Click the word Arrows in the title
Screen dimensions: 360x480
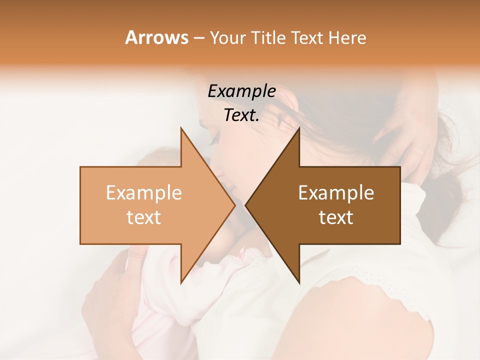click(156, 37)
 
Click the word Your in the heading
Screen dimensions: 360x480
click(227, 38)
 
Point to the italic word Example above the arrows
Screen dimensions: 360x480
click(241, 91)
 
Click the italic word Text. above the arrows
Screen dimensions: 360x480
click(241, 115)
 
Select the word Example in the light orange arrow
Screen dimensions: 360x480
click(143, 193)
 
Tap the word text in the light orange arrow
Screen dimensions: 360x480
click(143, 217)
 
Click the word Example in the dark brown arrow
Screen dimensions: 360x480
click(336, 193)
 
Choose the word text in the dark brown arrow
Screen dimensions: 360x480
click(336, 217)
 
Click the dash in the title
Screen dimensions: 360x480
click(198, 38)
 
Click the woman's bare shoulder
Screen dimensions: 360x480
click(360, 320)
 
